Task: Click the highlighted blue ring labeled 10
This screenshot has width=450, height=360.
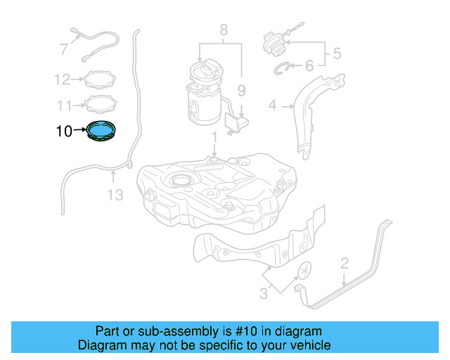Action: pyautogui.click(x=102, y=131)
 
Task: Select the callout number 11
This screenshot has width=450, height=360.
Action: pyautogui.click(x=64, y=105)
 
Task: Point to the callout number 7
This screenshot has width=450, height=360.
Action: pyautogui.click(x=64, y=49)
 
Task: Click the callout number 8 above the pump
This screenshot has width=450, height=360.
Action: pyautogui.click(x=224, y=30)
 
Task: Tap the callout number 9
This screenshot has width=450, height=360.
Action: pyautogui.click(x=240, y=90)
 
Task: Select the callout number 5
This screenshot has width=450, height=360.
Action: pyautogui.click(x=336, y=53)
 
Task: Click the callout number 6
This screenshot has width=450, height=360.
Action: pyautogui.click(x=309, y=66)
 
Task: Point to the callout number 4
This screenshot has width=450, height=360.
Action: pyautogui.click(x=272, y=106)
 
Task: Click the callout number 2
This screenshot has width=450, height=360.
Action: pyautogui.click(x=345, y=264)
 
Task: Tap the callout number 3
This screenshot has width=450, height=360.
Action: pyautogui.click(x=264, y=294)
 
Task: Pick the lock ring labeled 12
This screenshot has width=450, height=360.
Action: pyautogui.click(x=101, y=79)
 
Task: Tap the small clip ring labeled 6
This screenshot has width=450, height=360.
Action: pyautogui.click(x=283, y=67)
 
